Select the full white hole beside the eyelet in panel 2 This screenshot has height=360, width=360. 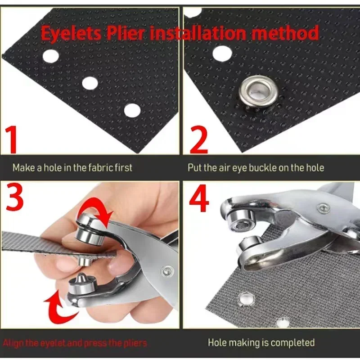(x=222, y=53)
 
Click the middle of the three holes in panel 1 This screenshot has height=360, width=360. (x=90, y=82)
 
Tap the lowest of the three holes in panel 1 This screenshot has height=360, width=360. (x=132, y=110)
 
